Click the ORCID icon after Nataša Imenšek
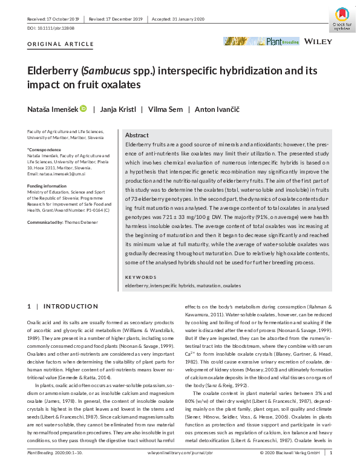point(83,109)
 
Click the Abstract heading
point(136,135)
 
